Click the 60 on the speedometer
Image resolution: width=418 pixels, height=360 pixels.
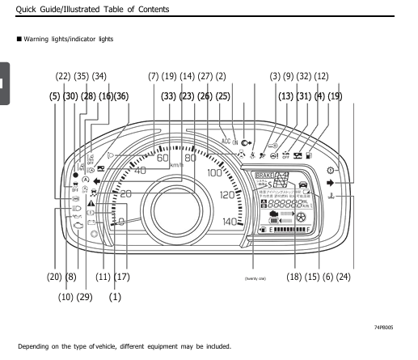163,158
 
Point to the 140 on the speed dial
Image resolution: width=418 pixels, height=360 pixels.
232,221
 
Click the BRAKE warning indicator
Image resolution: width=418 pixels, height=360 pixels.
264,175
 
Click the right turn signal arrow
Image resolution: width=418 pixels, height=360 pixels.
331,184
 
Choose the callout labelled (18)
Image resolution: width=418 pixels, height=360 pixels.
293,277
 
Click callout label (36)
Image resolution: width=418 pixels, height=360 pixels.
120,96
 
